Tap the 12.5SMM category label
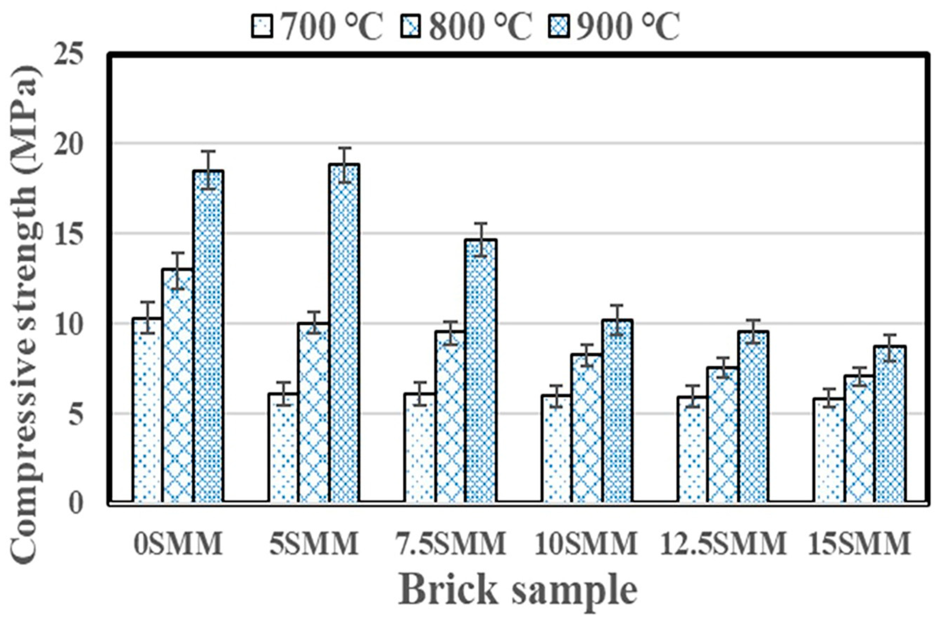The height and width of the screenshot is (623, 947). [x=723, y=543]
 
